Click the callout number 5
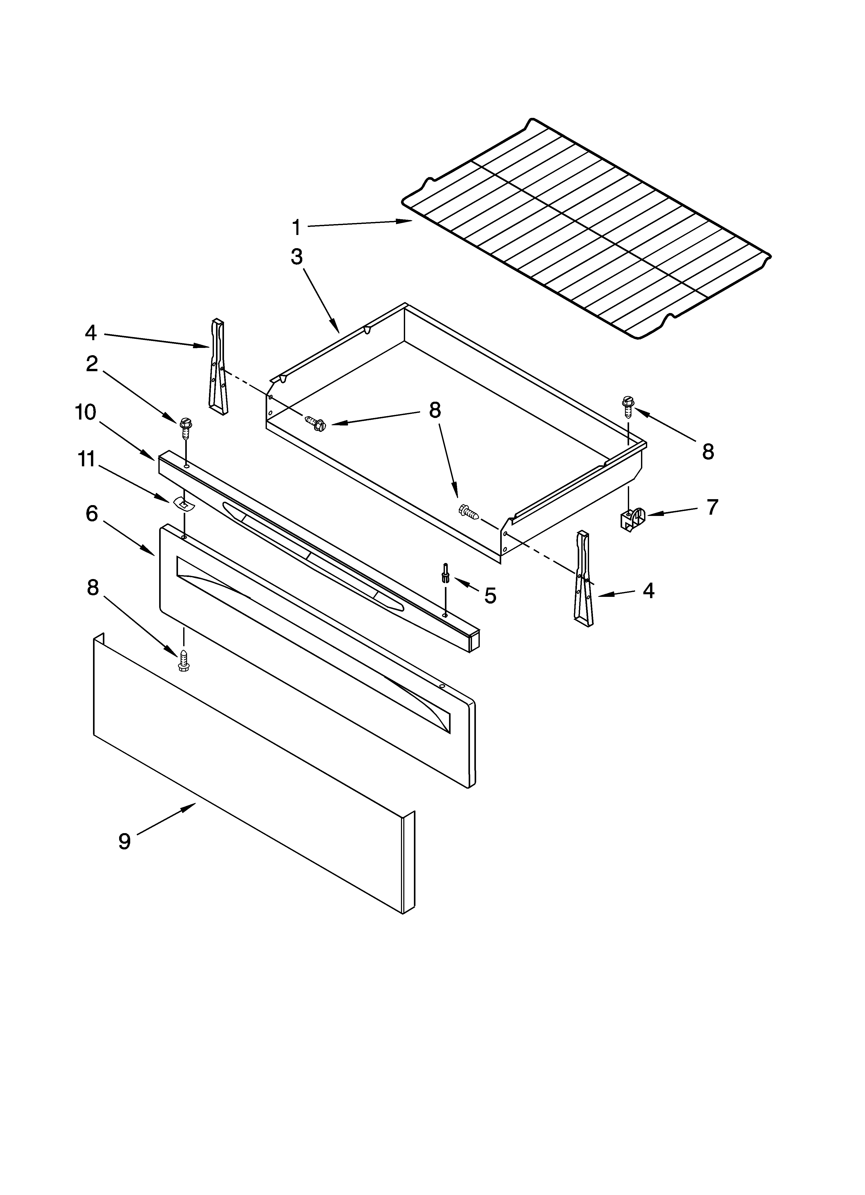pyautogui.click(x=490, y=596)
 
